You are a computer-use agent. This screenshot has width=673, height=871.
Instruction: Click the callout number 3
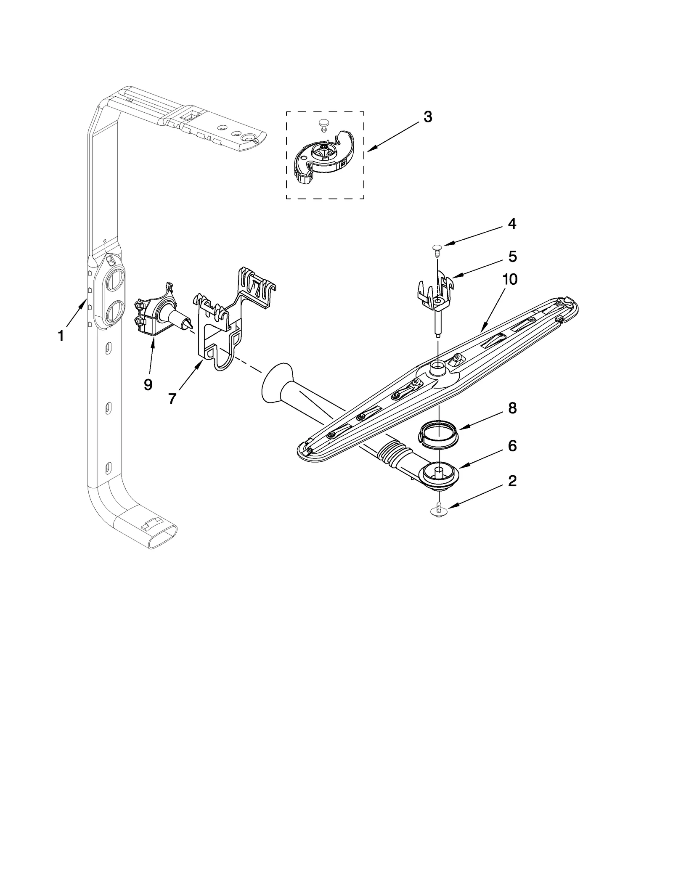427,117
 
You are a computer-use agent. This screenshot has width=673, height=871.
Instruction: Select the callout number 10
510,279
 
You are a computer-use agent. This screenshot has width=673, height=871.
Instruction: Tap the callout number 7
172,398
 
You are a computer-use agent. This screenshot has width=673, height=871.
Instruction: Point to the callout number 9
148,384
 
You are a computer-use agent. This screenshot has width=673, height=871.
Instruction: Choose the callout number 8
512,408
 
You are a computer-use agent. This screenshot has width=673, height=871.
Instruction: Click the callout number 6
512,446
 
